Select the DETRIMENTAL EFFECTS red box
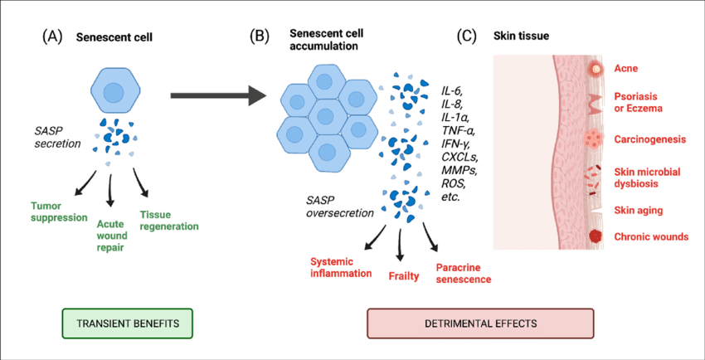pos(481,324)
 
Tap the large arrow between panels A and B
pos(220,95)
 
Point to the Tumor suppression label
pos(59,212)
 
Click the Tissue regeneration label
pos(169,220)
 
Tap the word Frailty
pos(404,276)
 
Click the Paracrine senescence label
pos(464,274)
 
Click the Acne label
pos(626,69)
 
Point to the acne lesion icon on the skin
pos(596,69)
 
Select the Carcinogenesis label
pos(649,140)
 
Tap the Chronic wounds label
pos(651,236)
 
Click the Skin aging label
pos(639,211)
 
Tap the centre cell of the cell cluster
pos(323,115)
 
